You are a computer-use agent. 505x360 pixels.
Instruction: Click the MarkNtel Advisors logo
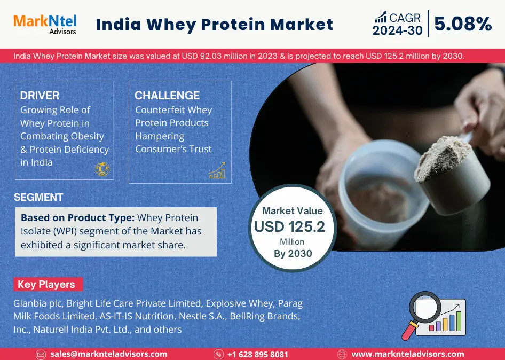44,24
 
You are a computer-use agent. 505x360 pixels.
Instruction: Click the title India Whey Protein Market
215,24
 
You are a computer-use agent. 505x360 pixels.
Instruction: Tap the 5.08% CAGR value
463,24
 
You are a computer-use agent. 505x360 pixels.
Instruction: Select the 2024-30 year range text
397,31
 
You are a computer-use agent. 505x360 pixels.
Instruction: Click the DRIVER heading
40,96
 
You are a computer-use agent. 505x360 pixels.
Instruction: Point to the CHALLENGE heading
167,96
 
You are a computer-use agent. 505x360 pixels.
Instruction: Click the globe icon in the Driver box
102,169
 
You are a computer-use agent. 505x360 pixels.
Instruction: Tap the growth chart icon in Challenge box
217,170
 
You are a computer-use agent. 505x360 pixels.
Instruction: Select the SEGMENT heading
38,197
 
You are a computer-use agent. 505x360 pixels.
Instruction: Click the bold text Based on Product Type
77,218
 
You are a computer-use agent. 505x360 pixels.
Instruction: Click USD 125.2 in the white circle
289,227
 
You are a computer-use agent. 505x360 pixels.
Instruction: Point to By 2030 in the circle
293,254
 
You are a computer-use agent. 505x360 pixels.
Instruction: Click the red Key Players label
46,284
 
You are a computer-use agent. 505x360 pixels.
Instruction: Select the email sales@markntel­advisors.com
108,354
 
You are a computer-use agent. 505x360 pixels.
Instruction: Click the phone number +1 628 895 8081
257,354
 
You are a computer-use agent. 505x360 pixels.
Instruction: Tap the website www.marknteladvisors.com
407,354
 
